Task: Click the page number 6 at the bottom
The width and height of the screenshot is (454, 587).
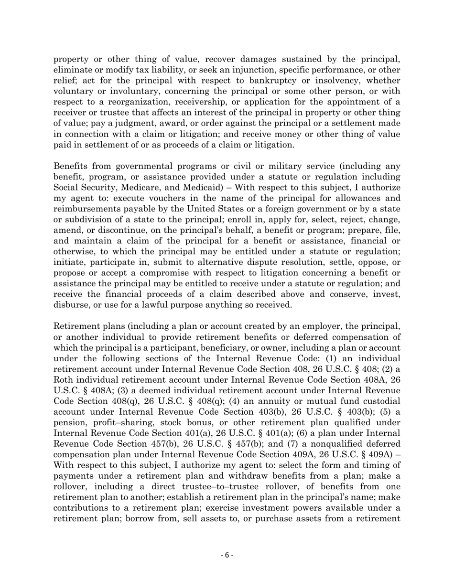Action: [227, 555]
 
